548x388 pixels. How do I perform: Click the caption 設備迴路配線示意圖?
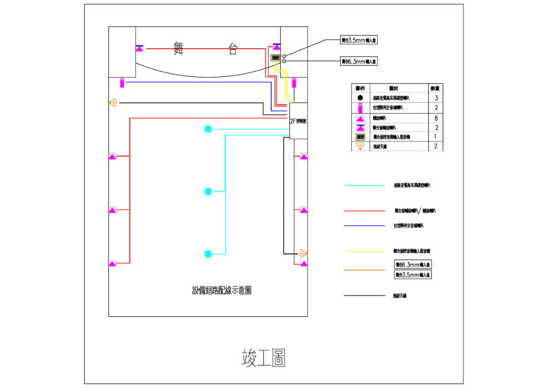pos(222,290)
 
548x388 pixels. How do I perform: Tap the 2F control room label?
pos(298,121)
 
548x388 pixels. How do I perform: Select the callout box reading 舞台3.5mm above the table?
pos(359,40)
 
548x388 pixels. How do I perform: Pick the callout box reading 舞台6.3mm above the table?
pos(359,62)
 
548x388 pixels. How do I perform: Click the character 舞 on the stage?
pos(179,48)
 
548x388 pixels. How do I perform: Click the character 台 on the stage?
pos(233,49)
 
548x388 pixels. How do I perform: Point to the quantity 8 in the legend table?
pos(436,117)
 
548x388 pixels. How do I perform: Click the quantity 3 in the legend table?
pos(436,98)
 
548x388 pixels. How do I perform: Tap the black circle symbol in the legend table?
pos(361,98)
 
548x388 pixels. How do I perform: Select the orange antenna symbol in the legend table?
pos(361,146)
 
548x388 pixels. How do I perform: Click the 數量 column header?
pos(436,88)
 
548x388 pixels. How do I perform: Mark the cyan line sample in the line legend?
pos(364,185)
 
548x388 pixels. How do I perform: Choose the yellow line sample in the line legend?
pos(364,251)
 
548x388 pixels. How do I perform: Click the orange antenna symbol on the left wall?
pos(113,102)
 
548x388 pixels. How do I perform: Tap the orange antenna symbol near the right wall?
pos(303,253)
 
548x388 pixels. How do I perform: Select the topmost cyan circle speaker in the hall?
pos(208,129)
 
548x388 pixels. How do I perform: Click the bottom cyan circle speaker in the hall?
pos(208,253)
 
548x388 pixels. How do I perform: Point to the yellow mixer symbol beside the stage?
pos(276,58)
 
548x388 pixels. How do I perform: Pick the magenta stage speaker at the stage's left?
pos(140,48)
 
